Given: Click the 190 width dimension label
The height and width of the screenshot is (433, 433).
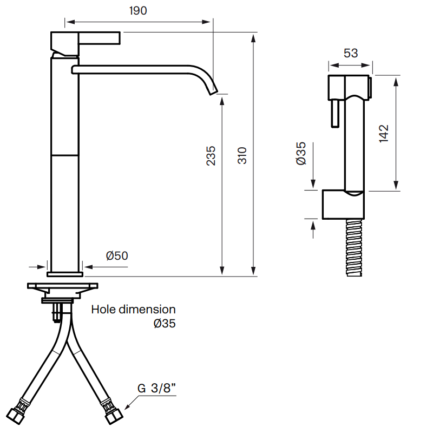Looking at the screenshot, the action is [x=138, y=11].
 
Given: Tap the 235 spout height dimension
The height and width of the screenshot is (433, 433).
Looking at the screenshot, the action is [x=211, y=156].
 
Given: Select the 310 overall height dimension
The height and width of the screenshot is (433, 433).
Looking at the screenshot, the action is [x=242, y=156].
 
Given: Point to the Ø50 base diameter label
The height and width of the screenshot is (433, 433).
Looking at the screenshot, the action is [x=117, y=255].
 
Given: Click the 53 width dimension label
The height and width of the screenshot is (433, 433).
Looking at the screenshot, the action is [x=351, y=53].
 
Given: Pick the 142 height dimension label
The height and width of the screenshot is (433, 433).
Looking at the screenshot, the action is [x=384, y=134].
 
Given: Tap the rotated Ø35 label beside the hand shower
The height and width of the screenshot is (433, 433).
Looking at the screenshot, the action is [x=301, y=153].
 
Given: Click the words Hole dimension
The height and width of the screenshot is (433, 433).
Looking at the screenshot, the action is [x=133, y=309].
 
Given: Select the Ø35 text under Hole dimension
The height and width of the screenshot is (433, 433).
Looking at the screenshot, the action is [x=165, y=323].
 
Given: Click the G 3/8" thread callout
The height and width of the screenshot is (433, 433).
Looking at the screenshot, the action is [x=156, y=388].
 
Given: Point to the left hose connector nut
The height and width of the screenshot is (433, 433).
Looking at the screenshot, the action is [x=15, y=416].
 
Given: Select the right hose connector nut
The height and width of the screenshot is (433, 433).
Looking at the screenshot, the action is [x=114, y=416].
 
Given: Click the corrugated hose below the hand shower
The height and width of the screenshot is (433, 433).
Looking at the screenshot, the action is [x=354, y=247].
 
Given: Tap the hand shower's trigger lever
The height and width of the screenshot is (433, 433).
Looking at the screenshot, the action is [x=335, y=113].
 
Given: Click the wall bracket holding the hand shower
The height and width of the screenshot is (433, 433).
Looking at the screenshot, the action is [x=343, y=205].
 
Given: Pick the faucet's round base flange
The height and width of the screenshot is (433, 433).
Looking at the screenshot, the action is [x=65, y=274].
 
